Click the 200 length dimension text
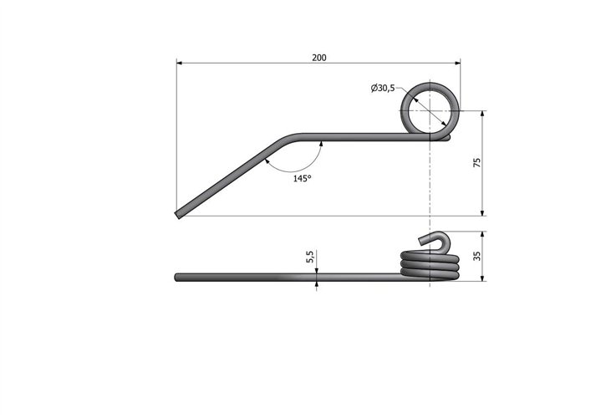[x=318, y=57]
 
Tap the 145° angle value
[x=302, y=179]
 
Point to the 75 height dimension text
[x=476, y=163]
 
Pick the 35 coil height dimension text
[x=477, y=257]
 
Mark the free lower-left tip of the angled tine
[x=178, y=216]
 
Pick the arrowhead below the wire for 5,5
[x=317, y=285]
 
